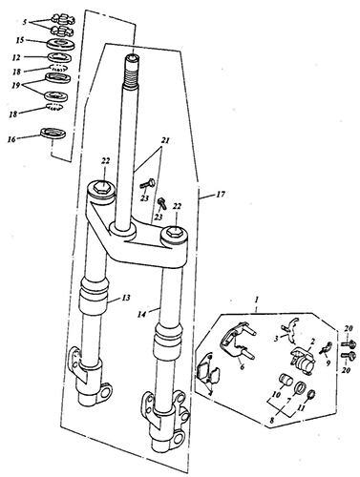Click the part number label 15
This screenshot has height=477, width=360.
20,41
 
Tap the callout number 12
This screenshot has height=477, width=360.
16,57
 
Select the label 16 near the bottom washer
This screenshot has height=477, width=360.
11,139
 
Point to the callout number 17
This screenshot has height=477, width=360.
221,194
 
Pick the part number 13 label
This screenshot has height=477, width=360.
126,298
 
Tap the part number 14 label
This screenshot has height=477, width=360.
141,314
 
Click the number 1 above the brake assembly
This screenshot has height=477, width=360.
257,300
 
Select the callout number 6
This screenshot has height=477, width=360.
242,367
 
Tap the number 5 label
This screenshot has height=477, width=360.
25,22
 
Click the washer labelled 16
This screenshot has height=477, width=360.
53,133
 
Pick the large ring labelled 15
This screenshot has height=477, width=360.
60,43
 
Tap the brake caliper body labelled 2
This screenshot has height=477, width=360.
303,360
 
